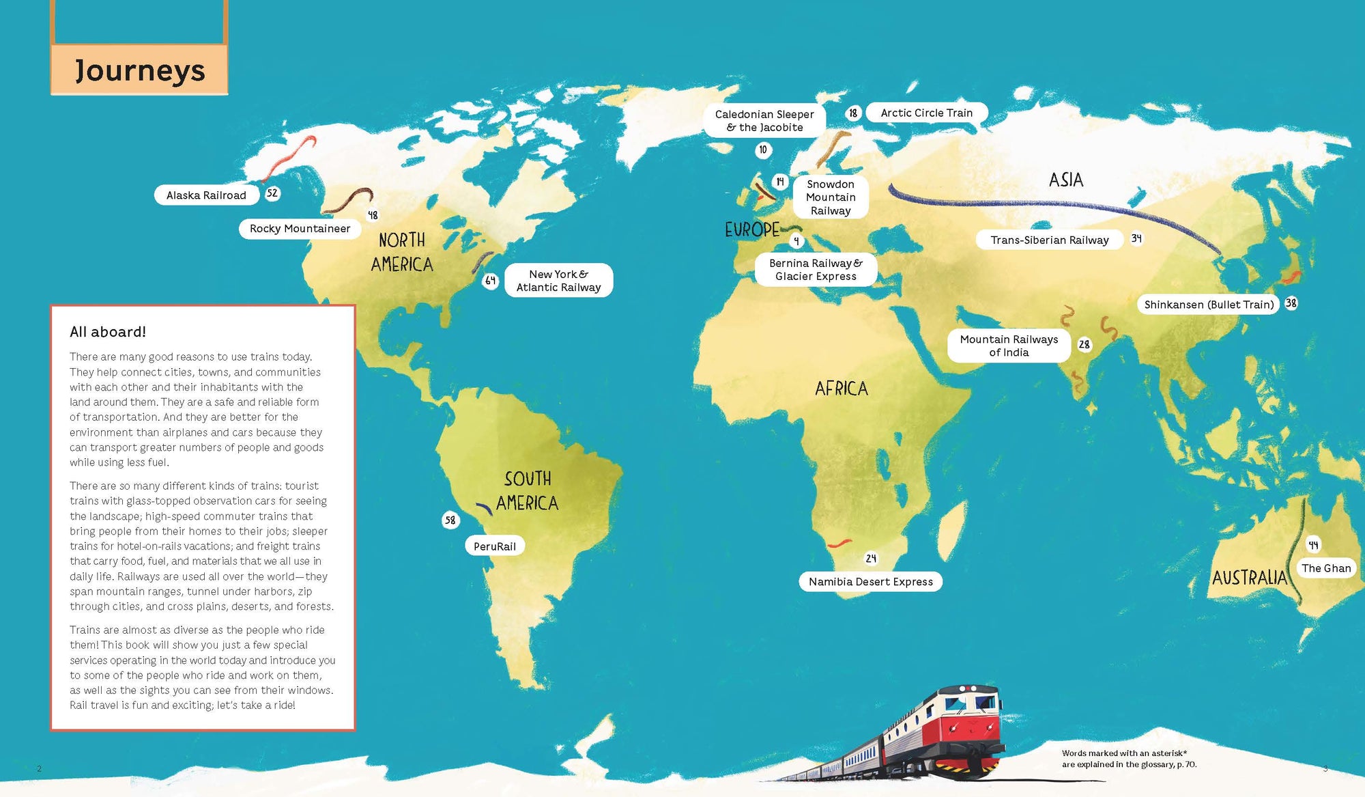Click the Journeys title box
[139, 70]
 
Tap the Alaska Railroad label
[206, 195]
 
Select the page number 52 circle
[272, 193]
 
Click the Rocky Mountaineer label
[300, 229]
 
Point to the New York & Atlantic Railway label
[558, 281]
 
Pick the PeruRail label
[495, 546]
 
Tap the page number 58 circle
[450, 520]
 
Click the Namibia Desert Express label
[870, 582]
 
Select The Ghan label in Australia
[1325, 568]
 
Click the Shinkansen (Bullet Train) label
[1209, 305]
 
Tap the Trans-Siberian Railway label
[1049, 240]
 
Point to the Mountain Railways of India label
[1008, 346]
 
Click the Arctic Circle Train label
[926, 113]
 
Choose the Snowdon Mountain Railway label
[830, 197]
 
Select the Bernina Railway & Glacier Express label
[816, 270]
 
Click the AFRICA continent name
[841, 389]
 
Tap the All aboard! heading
[108, 332]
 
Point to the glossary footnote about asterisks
[1129, 759]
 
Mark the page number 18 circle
[853, 113]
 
